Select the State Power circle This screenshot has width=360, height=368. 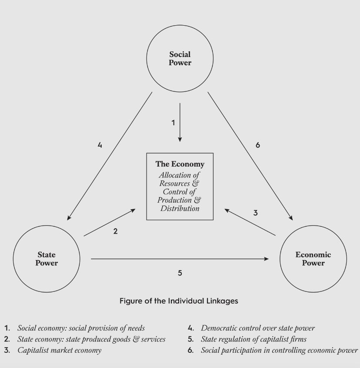(x=47, y=259)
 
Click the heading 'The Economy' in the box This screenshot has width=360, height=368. (x=180, y=164)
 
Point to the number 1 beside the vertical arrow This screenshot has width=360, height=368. (x=173, y=123)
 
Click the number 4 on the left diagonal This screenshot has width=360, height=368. (x=100, y=145)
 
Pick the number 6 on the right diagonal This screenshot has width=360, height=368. (x=257, y=145)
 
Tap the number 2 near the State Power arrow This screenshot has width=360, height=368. (x=115, y=231)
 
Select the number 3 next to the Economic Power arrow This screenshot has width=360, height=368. (x=256, y=213)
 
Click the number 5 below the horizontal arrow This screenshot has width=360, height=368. (x=180, y=273)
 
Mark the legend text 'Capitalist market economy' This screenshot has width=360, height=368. (x=60, y=350)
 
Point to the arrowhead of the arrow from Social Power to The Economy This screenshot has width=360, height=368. (x=180, y=139)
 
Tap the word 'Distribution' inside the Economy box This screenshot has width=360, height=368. (x=180, y=208)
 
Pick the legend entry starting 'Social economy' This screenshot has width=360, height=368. (x=81, y=328)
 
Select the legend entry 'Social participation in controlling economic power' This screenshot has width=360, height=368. (x=279, y=350)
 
